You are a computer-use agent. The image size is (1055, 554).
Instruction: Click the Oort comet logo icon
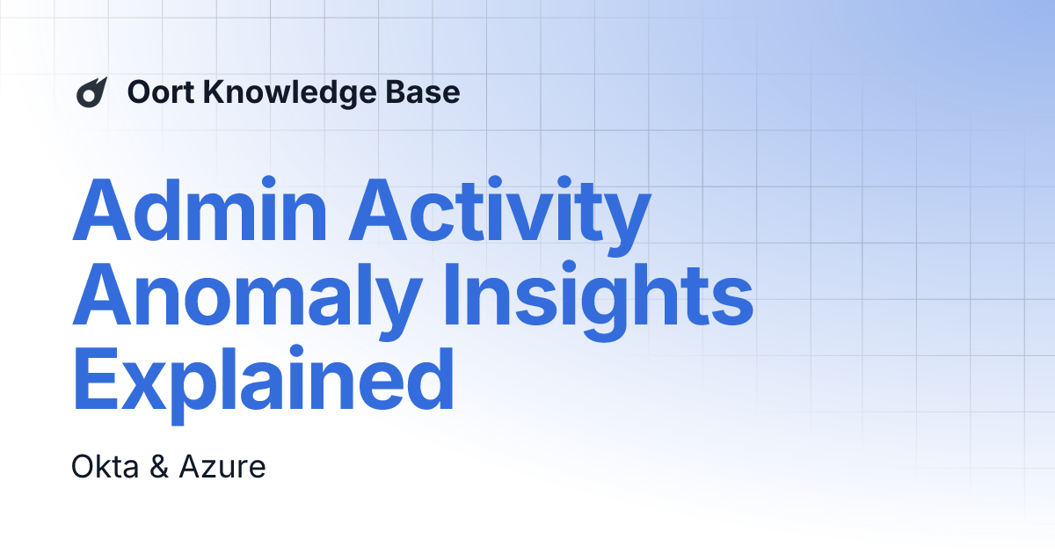(92, 92)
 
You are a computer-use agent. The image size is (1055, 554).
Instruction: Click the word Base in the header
(429, 92)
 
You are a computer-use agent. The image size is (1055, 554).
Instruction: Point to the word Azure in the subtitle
(222, 467)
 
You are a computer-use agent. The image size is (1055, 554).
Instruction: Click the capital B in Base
(403, 92)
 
